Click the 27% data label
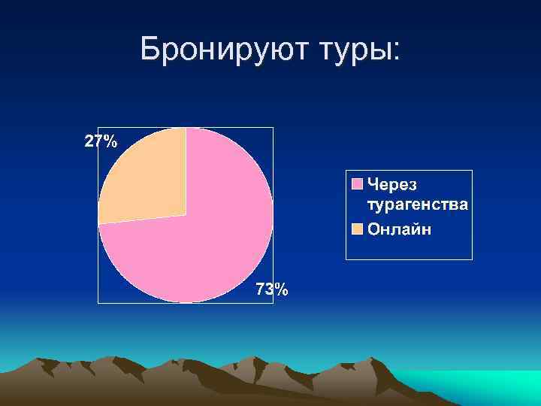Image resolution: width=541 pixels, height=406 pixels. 100,141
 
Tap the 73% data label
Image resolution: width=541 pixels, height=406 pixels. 270,289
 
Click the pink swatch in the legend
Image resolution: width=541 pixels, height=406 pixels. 357,183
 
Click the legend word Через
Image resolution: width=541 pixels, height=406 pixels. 391,183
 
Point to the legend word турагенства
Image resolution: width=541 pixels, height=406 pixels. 417,204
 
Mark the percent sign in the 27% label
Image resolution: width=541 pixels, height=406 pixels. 110,141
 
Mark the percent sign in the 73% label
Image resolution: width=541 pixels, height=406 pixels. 280,289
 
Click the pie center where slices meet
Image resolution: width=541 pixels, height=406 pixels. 186,215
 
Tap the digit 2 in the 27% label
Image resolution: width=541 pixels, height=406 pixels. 88,141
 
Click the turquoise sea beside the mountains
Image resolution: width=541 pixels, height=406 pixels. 481,380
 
